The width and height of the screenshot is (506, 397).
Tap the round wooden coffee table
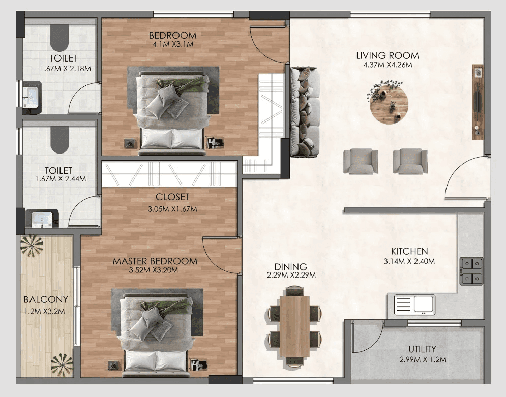pos(389,105)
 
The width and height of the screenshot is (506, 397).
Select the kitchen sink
pos(424,304)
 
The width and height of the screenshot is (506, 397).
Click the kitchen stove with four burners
pos(471,271)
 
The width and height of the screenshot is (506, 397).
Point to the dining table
pos(294,325)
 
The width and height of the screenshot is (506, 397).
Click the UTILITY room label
pos(422,349)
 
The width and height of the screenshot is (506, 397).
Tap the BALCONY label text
pos(45,299)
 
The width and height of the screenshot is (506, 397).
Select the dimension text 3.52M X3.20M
pos(154,270)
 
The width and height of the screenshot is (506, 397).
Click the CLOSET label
pos(172,197)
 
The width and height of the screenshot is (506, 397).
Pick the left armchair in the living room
pos(360,161)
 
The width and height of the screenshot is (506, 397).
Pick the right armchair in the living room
pos(410,161)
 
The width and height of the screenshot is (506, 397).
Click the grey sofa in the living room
pos(305,112)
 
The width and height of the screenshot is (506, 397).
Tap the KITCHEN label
pos(409,251)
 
